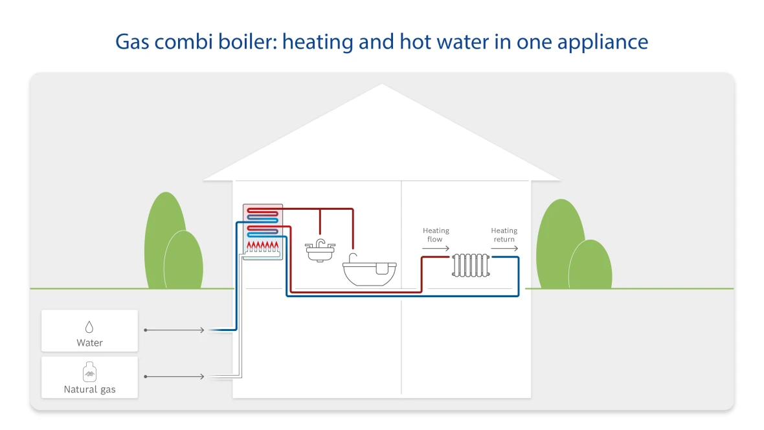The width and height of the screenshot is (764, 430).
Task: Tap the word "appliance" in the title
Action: coord(603,43)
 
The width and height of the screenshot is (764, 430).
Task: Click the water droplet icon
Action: coord(89,326)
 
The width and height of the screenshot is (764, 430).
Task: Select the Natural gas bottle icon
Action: coord(89,372)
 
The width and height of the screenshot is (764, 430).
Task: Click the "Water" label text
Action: coord(89,343)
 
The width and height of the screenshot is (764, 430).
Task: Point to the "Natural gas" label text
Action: coord(89,390)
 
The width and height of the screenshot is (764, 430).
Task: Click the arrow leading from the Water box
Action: coord(174,330)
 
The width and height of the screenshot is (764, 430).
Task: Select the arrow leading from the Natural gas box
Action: coord(174,376)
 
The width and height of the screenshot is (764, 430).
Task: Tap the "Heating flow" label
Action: coord(436,234)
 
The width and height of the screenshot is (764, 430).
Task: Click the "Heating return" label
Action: coord(504,234)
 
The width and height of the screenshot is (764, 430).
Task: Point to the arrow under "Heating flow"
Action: coord(436,249)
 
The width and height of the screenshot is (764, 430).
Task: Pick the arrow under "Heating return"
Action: coord(504,249)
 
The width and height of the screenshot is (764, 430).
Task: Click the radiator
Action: coord(471,266)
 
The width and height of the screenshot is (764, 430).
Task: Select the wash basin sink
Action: coord(320,251)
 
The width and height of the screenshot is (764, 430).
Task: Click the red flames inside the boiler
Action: coord(263,245)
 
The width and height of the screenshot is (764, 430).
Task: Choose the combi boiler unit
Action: coord(263,232)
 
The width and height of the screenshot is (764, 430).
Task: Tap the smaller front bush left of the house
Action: coord(184,261)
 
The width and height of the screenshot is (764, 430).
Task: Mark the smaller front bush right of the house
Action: coord(590,266)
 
